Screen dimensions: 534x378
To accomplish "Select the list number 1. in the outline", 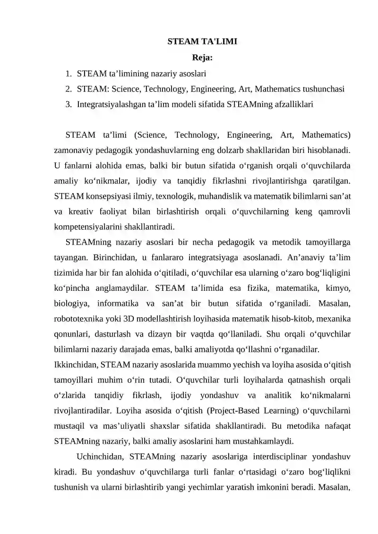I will point(69,74).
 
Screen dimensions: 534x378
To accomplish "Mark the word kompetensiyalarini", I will point(89,225).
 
